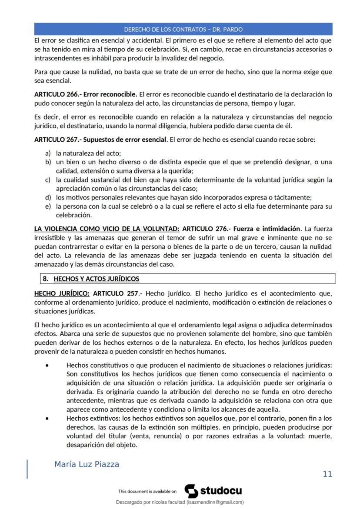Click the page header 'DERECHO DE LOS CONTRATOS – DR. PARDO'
click(183, 30)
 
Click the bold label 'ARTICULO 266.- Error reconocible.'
click(86, 94)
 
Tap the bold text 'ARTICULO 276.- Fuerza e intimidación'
click(241, 229)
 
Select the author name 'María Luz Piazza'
click(87, 464)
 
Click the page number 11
click(327, 474)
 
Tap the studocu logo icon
click(191, 491)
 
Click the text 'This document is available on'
click(147, 492)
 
